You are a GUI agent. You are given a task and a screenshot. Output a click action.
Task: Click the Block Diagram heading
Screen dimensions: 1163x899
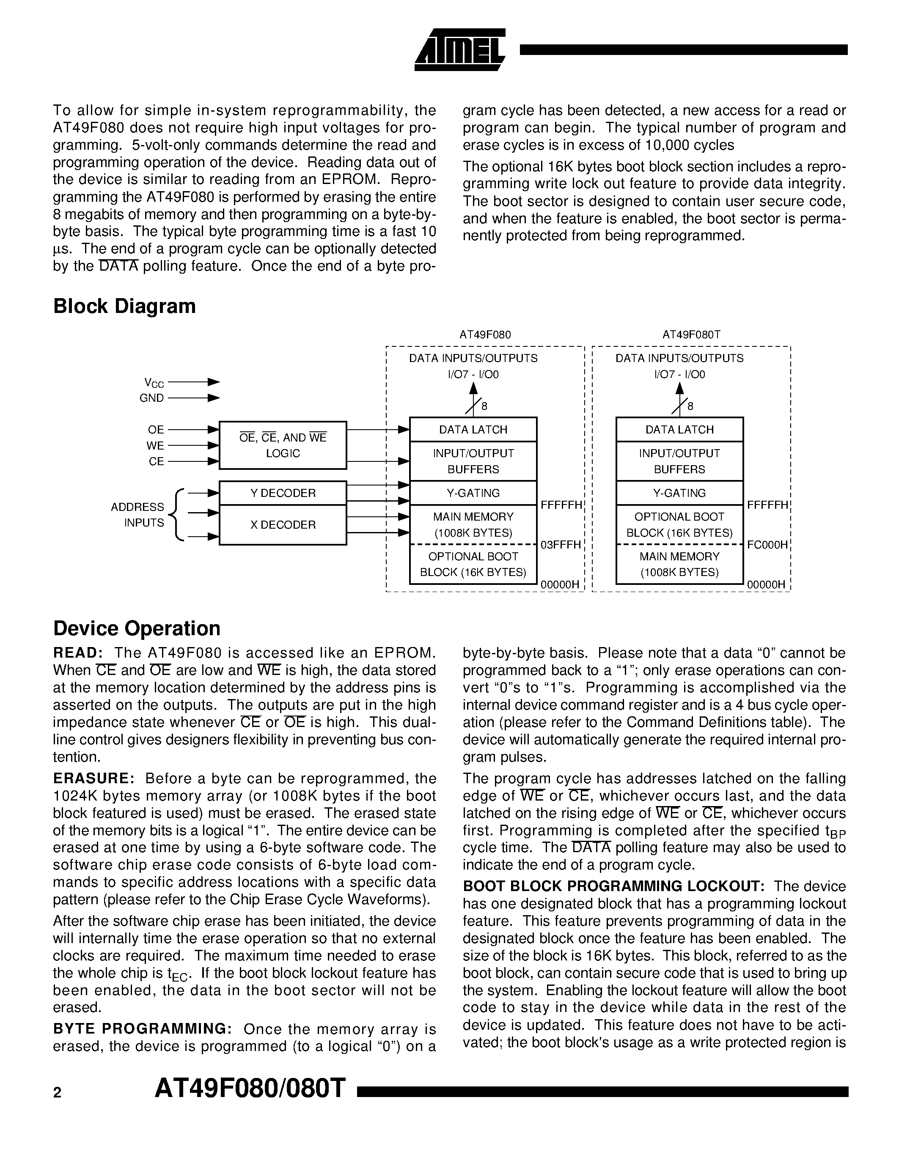click(124, 306)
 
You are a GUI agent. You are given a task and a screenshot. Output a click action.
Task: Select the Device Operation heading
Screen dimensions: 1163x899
click(136, 628)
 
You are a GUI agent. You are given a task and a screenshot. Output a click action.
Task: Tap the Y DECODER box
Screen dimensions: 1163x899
click(283, 493)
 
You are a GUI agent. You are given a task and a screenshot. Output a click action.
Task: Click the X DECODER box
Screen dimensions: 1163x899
click(283, 525)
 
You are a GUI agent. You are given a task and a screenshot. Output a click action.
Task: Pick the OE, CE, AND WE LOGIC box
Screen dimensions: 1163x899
click(283, 445)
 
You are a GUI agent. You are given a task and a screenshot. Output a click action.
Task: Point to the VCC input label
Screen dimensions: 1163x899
click(154, 383)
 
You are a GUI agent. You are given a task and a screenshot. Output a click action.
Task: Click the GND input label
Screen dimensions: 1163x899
click(152, 398)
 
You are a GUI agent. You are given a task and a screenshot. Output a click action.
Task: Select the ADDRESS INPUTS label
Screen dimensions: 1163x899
click(137, 515)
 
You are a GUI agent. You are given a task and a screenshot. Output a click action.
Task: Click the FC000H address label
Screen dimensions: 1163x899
click(767, 545)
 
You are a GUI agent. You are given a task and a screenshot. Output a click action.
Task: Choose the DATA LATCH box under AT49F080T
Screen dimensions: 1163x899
click(679, 430)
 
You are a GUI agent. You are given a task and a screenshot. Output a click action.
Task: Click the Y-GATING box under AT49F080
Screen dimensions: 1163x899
click(473, 493)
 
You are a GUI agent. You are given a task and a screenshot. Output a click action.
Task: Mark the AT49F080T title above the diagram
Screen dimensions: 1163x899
click(691, 335)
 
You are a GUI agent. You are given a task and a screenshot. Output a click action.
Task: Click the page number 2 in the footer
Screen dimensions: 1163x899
click(58, 1093)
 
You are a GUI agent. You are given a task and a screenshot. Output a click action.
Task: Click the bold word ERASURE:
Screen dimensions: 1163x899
click(94, 779)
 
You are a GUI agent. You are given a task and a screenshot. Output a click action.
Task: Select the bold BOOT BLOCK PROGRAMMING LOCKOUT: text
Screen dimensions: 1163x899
click(613, 886)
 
